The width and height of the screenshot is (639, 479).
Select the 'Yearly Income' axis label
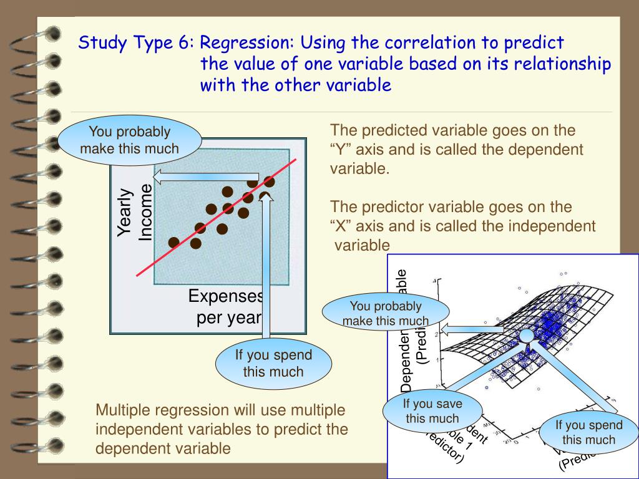pyautogui.click(x=134, y=213)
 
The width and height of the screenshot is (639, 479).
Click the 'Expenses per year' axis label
pyautogui.click(x=226, y=306)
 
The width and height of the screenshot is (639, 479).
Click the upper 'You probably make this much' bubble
pyautogui.click(x=130, y=140)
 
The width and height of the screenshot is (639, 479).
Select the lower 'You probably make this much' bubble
pyautogui.click(x=386, y=314)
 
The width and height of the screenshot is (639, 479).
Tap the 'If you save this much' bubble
pyautogui.click(x=432, y=411)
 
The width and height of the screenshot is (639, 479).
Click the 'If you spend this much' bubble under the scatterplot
pyautogui.click(x=273, y=364)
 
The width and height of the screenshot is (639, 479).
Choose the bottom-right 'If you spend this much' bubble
pyautogui.click(x=588, y=432)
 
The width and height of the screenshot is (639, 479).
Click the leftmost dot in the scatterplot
pyautogui.click(x=173, y=242)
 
